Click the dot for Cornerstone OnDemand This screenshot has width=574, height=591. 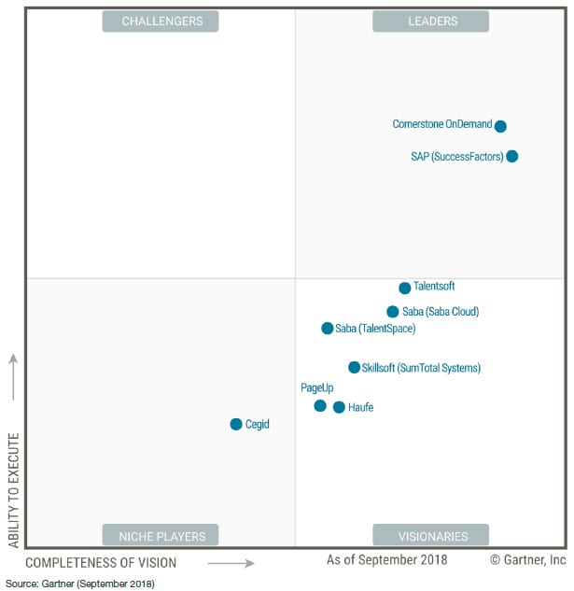click(x=500, y=126)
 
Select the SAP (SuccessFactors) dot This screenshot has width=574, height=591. click(x=511, y=156)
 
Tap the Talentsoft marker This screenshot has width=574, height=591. click(x=404, y=288)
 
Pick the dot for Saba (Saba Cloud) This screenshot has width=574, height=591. click(x=393, y=312)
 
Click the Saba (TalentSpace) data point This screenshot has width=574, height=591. click(x=327, y=329)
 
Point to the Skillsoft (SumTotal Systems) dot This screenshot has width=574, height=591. click(x=354, y=368)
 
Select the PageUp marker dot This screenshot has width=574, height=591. click(x=320, y=405)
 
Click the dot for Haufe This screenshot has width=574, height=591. click(x=339, y=407)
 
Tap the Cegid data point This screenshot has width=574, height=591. click(x=236, y=424)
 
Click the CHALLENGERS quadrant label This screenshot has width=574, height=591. click(x=161, y=21)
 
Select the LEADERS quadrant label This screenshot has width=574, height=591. click(x=431, y=21)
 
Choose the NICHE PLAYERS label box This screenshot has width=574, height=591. click(x=161, y=536)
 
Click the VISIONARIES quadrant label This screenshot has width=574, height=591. click(x=431, y=536)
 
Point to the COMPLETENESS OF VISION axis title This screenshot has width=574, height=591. click(x=101, y=563)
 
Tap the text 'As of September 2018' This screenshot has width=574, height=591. click(x=386, y=560)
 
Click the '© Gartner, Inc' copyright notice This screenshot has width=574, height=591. click(x=527, y=560)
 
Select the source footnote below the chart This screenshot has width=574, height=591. click(x=80, y=584)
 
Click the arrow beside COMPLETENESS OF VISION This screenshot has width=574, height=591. click(x=231, y=563)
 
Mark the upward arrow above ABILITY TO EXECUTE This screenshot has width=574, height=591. click(x=13, y=376)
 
